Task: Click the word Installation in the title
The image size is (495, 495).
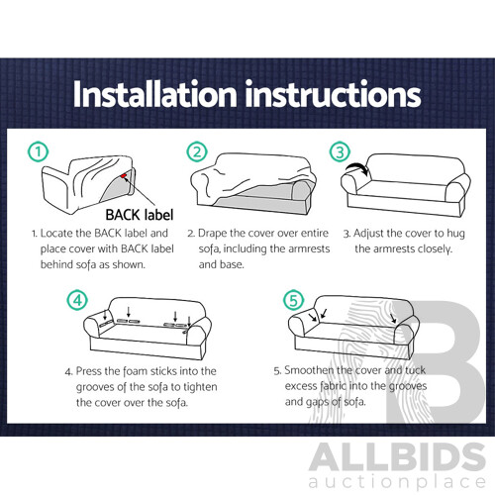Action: tap(155, 94)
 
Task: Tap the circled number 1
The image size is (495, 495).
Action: tap(39, 151)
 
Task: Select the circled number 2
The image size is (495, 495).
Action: tap(197, 151)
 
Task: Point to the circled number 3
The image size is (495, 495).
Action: tap(340, 151)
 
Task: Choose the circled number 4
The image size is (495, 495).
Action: tap(77, 300)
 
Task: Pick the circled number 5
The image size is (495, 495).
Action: tap(293, 300)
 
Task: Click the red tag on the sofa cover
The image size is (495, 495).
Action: tap(124, 176)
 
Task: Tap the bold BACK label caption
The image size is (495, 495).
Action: tap(140, 215)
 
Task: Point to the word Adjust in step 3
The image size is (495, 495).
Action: tap(368, 234)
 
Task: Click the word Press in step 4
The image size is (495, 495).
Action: tap(88, 371)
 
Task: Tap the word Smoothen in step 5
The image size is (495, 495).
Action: tap(309, 370)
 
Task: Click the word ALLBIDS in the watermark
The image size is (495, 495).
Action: tap(397, 458)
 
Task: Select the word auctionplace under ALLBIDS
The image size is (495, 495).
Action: tap(397, 482)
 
